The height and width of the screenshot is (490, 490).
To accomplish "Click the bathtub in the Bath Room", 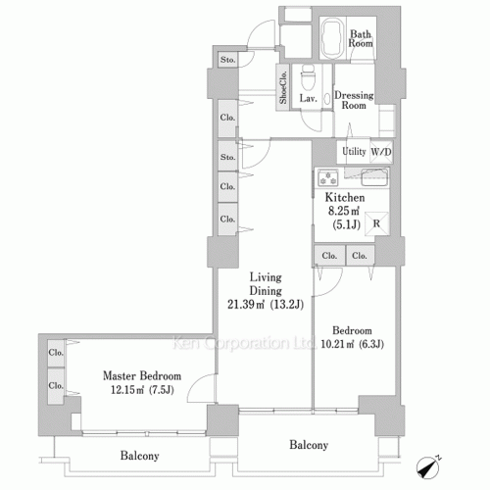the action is (332, 37).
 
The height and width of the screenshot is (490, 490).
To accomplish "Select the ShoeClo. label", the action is (283, 87).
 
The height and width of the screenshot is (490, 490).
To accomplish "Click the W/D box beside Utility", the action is (381, 152).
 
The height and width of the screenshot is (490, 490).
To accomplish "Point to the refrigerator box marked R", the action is (376, 223).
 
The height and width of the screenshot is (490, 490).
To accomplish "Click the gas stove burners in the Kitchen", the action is (328, 178).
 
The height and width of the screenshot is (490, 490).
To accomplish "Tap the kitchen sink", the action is (374, 178).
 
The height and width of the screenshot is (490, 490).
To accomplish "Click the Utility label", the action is (354, 151).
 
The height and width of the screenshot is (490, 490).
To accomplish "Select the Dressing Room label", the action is (354, 100).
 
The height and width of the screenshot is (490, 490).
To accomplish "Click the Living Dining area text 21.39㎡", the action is (246, 305).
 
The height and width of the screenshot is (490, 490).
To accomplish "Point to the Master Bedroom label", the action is (142, 375).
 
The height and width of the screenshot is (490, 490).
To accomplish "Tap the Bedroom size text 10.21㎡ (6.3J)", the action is (352, 344).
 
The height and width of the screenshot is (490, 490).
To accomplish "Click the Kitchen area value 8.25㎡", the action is (344, 211).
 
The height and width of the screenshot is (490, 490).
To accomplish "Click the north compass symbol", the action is (428, 467).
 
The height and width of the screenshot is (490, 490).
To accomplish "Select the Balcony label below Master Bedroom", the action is (139, 456).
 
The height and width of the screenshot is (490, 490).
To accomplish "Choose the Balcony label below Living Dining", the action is (309, 445).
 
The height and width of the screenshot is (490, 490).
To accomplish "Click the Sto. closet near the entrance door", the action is (227, 60).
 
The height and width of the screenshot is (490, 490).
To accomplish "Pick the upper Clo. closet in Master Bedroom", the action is (56, 353).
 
